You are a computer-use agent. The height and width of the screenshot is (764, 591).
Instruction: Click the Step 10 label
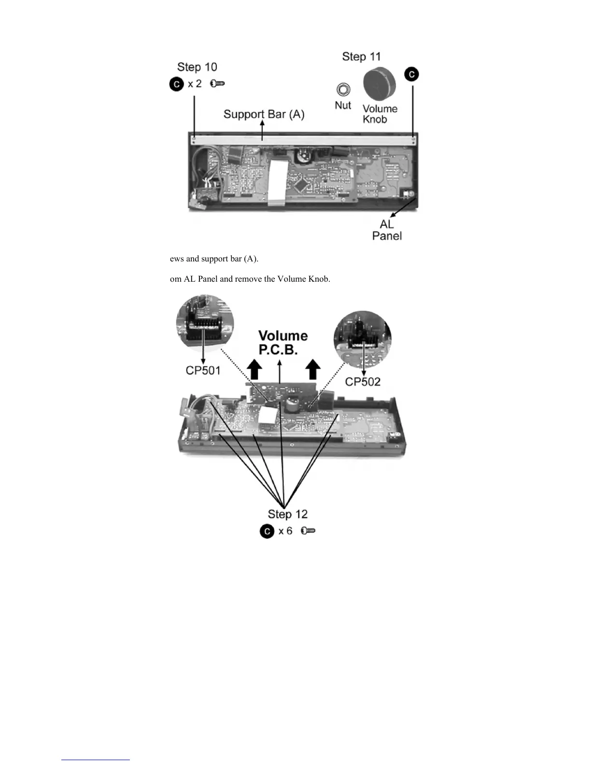coord(197,67)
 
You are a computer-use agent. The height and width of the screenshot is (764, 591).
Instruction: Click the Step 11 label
coord(361,56)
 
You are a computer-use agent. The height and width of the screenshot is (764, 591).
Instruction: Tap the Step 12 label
coord(287,514)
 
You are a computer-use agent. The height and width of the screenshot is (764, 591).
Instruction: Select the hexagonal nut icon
coord(343,90)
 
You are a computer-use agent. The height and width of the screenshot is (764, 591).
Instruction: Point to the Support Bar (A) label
coord(264,114)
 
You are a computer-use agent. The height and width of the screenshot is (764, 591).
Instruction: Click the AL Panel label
coord(387,230)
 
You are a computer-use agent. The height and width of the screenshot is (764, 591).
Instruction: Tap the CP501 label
coord(203,370)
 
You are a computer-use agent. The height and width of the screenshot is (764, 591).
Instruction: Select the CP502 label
coord(363,382)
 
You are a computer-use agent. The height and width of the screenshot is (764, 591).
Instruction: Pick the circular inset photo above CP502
coord(362,339)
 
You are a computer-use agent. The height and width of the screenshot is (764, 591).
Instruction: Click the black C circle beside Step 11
coord(412,74)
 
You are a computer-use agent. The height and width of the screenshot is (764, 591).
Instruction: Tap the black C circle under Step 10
coord(177,84)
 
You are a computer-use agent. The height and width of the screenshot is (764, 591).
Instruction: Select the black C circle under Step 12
coord(267,531)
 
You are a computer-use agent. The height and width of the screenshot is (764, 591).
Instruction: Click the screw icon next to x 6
coord(308,531)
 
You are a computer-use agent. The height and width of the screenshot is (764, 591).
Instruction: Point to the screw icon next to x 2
coord(218,84)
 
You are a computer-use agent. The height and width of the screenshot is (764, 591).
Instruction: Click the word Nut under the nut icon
coord(343,105)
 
